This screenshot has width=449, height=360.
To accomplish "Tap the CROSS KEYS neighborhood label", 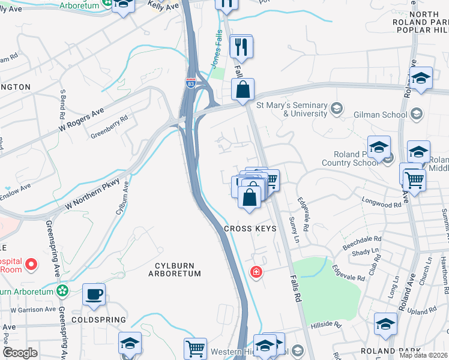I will pos(250,229).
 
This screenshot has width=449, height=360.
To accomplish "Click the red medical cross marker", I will pos(256,272).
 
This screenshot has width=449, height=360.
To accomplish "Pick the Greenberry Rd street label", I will pos(109,127).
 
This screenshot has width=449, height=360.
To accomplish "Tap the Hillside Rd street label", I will pos(325,325).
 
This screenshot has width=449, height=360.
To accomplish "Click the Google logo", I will pos(20,353).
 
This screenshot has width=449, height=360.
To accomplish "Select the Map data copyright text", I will pos(424,355).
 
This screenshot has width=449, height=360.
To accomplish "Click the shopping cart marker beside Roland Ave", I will pos(413,179).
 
